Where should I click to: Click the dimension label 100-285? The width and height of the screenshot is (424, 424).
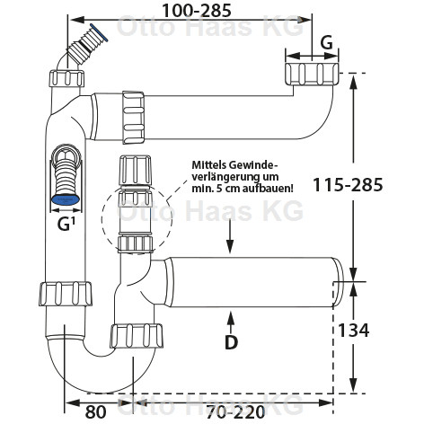[x=197, y=11]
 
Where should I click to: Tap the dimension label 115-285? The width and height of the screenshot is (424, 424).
[x=348, y=184]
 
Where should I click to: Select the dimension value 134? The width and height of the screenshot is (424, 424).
[x=353, y=331]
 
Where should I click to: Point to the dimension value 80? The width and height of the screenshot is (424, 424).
[x=95, y=411]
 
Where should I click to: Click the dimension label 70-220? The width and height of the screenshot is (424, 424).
[x=235, y=411]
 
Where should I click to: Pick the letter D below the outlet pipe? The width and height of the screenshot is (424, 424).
[x=231, y=342]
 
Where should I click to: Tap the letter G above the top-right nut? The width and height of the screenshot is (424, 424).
[x=326, y=44]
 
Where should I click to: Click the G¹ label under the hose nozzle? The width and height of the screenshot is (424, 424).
[x=66, y=225]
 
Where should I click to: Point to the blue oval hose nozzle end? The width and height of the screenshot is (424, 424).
[x=66, y=200]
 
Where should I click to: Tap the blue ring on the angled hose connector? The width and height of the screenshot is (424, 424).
[x=99, y=32]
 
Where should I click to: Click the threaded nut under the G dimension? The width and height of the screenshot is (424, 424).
[x=312, y=74]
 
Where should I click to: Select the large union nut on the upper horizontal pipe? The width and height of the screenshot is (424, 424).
[x=134, y=118]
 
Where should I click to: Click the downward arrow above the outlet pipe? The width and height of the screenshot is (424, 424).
[x=230, y=236]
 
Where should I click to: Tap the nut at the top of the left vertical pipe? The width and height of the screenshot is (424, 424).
[x=66, y=78]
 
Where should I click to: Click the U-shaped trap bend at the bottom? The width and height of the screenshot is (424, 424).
[x=102, y=378]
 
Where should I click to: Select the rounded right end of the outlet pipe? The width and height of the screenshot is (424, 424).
[x=339, y=282]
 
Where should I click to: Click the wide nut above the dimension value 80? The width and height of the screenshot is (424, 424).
[x=66, y=294]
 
